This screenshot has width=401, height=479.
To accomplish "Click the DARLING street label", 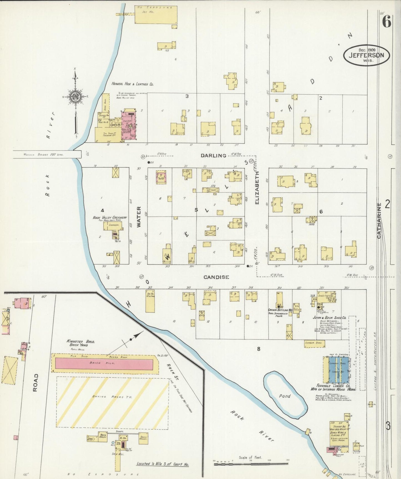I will [213, 155].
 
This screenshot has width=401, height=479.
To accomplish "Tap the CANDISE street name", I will [216, 277].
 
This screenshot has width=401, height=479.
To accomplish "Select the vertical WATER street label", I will [139, 217].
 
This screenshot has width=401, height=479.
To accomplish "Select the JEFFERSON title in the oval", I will [366, 55].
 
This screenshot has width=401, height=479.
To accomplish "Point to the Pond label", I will [285, 396].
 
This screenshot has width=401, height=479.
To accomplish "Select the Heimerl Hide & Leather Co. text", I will [132, 84].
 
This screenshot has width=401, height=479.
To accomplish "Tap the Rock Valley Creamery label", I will [110, 217].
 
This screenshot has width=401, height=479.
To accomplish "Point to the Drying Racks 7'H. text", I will [112, 397].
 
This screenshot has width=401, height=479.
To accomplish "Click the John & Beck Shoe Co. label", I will [329, 317].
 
